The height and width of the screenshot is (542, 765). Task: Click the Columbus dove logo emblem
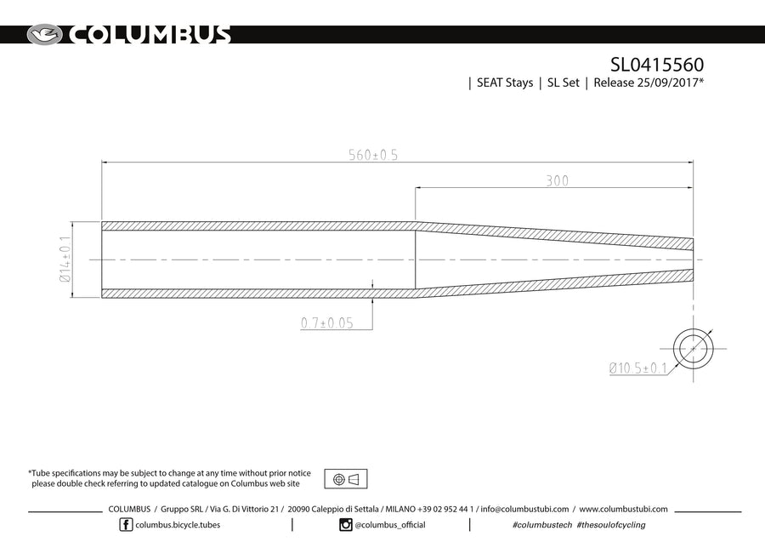[x=45, y=35]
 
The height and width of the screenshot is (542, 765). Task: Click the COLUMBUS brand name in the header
[x=149, y=35]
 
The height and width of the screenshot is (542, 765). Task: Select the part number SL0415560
[x=657, y=65]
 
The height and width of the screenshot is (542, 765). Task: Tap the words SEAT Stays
[x=504, y=83]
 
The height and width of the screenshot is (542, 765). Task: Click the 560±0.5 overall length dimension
[x=373, y=155]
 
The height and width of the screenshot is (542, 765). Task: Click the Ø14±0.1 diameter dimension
[x=65, y=260]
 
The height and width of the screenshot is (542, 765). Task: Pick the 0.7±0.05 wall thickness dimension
[x=326, y=323]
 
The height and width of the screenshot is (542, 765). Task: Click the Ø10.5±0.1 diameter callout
[x=637, y=368]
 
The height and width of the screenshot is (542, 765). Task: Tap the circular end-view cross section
[x=693, y=348]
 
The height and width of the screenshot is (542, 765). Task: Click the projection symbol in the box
[x=346, y=479]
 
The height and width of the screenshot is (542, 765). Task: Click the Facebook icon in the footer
[x=127, y=525]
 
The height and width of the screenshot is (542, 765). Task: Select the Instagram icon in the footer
[x=346, y=525]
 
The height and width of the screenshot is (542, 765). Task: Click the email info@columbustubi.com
[x=527, y=509]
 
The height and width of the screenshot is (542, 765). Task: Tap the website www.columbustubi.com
[x=623, y=509]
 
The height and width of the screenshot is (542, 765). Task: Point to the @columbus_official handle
[x=390, y=525]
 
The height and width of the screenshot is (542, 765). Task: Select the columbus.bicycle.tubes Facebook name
[x=178, y=525]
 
